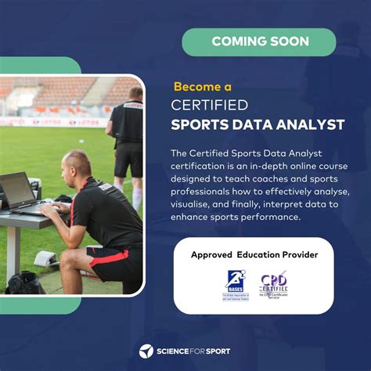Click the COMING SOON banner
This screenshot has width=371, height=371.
pos(259,41)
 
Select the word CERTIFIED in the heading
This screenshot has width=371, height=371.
pos(210,105)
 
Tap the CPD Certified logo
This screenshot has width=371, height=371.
pos(273,285)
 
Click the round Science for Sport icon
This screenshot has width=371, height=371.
pos(146,351)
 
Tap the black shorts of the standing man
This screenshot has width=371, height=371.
pos(129,159)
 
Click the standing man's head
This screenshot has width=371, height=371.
pos(135,94)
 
